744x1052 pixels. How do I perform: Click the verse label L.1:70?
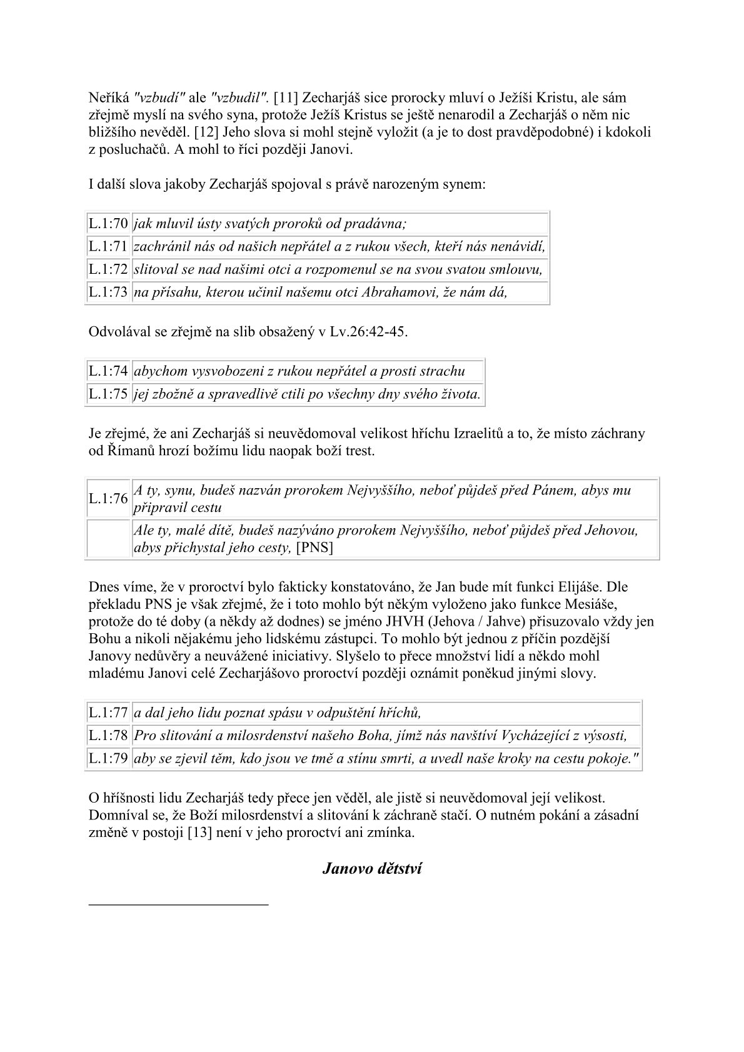click(x=108, y=224)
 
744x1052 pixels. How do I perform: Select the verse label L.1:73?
click(x=108, y=293)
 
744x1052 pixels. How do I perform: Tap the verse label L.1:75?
click(x=108, y=394)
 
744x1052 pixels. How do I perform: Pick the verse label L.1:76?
click(x=108, y=499)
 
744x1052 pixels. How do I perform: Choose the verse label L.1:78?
click(x=108, y=736)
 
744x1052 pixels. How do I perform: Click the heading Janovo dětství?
click(x=372, y=869)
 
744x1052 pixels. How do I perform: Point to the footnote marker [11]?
click(x=285, y=98)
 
